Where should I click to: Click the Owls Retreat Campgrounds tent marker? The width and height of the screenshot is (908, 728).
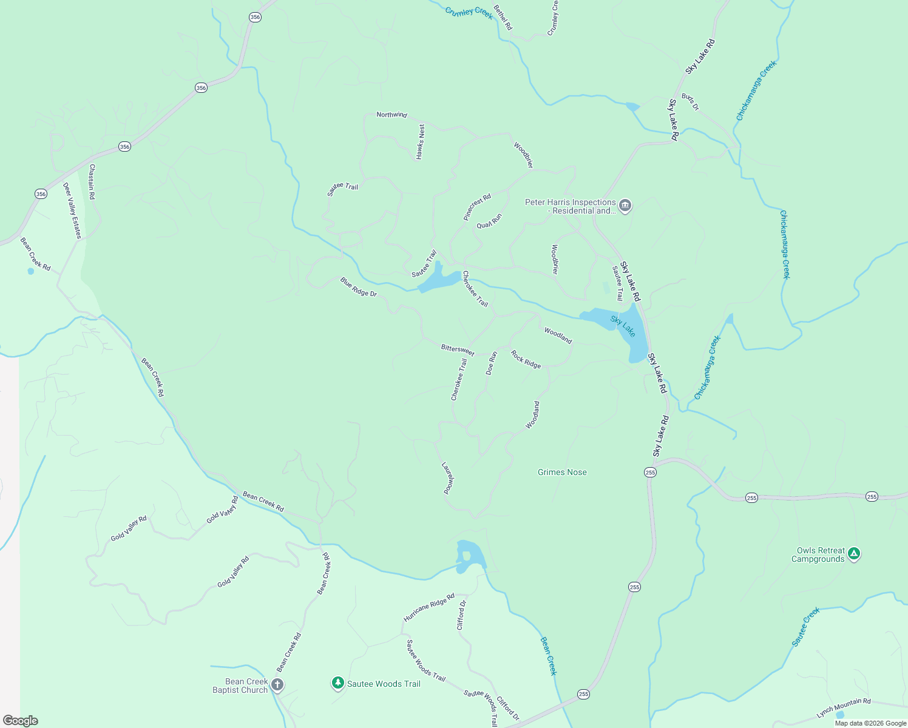point(854,553)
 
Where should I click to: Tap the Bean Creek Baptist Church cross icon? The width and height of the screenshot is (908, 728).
point(277,686)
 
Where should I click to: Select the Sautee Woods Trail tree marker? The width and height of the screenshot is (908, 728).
point(338,683)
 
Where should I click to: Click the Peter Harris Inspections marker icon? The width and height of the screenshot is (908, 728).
point(625,206)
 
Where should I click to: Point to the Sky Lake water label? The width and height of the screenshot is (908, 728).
point(623,326)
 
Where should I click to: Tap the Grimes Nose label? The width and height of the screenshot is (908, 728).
point(562,473)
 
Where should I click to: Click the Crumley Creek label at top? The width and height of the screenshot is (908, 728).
point(469,13)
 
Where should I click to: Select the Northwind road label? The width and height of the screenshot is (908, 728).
point(391,115)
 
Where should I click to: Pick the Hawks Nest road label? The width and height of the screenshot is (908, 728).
point(421,142)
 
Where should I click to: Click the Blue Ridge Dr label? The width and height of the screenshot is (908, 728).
point(359,287)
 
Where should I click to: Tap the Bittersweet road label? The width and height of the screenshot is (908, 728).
point(458,349)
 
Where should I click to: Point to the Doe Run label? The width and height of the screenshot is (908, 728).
point(492,363)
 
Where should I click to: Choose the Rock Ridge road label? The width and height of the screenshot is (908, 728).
point(526,360)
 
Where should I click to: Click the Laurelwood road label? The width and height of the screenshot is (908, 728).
point(448,478)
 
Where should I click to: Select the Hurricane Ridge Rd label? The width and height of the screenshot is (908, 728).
point(429,608)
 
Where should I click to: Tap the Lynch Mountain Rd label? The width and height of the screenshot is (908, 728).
point(844,708)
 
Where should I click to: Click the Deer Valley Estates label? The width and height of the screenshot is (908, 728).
point(72,211)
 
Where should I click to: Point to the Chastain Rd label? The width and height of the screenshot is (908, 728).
point(92,181)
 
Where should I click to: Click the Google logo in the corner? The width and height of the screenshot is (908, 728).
point(21,721)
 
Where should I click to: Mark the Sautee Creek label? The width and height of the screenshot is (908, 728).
point(806,627)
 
